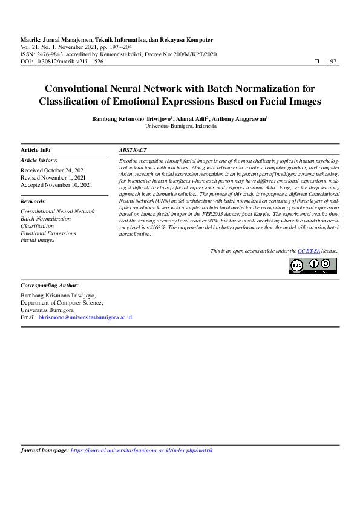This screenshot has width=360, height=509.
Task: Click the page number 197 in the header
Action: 332,62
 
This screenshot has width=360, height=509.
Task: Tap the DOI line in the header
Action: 62,62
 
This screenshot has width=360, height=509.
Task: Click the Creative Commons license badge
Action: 312,266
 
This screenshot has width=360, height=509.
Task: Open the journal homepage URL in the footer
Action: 141,450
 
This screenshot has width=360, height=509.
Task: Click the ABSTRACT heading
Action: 133,150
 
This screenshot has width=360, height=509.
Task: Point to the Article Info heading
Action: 36,150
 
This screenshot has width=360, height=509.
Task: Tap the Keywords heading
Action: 33,201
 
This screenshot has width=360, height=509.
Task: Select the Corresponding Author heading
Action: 49,285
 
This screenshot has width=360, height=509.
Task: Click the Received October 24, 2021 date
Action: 53,170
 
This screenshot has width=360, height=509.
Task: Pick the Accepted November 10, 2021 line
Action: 56,185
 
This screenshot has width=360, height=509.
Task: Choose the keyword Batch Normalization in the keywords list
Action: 45,218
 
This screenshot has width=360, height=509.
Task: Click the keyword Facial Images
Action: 38,240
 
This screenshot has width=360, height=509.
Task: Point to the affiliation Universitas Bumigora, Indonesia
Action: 180,126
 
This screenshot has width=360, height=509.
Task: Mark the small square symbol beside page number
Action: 317,62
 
